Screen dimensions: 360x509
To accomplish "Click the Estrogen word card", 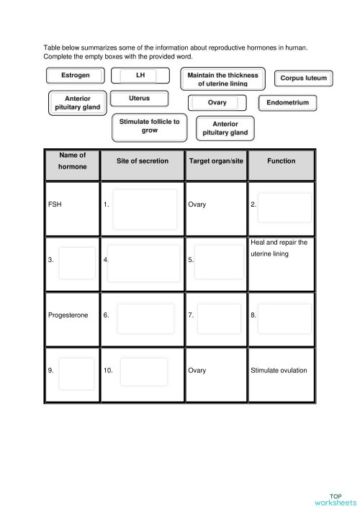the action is (76, 76).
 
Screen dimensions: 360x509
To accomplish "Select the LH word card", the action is (140, 76).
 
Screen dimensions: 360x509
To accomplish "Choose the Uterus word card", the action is (140, 99).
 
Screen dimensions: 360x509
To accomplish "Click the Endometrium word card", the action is (287, 103).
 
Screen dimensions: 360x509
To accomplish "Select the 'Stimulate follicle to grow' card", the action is (150, 126).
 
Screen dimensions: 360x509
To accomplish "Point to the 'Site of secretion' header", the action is (143, 161).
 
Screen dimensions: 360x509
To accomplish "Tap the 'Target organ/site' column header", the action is (216, 161).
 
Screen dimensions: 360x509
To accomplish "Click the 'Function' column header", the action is (281, 161).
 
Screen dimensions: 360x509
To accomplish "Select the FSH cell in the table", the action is (55, 205).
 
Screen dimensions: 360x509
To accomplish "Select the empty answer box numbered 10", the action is (144, 371).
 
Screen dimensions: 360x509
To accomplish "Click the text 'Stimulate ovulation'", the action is (279, 371).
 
